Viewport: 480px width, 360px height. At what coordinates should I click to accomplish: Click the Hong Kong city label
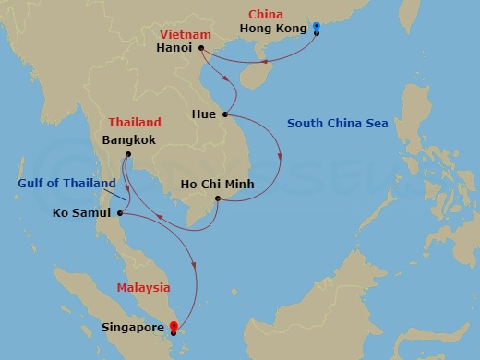coord(271,29)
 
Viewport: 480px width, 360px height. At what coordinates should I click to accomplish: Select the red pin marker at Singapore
coord(174,326)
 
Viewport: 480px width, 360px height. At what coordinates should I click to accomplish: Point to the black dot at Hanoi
coord(200,47)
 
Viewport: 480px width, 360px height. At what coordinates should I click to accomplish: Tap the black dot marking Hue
coord(225,114)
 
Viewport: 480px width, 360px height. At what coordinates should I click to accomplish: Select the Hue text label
coord(205,114)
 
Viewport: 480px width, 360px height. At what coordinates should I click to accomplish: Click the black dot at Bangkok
coord(128,153)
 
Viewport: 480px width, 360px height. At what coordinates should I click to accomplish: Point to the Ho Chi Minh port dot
coord(217,198)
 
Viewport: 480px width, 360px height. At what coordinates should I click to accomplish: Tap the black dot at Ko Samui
coord(122,216)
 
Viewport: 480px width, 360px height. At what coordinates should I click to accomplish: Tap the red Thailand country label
coord(134,123)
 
